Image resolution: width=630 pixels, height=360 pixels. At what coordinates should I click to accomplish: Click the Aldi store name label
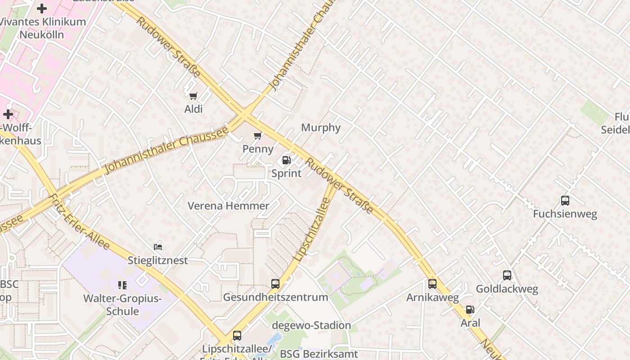[193, 109]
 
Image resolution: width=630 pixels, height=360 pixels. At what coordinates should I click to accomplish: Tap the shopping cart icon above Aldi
[193, 96]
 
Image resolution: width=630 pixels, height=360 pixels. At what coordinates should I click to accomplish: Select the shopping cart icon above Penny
[258, 135]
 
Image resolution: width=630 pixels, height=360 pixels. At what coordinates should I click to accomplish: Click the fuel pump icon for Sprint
[286, 160]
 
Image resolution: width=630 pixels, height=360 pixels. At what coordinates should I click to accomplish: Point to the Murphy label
[321, 127]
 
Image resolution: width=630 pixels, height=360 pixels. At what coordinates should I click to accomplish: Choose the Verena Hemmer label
[228, 206]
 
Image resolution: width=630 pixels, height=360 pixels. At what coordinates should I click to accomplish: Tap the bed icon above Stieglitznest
[158, 247]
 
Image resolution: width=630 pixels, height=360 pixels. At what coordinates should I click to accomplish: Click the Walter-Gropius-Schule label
[122, 305]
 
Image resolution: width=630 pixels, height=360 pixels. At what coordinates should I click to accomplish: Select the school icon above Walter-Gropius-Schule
[122, 285]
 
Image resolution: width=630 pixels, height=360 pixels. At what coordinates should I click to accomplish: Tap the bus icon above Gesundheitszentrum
[275, 284]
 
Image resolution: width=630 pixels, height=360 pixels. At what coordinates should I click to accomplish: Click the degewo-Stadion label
[311, 325]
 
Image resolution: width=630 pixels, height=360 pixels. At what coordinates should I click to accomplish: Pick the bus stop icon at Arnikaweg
[432, 284]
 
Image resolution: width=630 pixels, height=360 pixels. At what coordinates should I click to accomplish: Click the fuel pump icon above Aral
[470, 310]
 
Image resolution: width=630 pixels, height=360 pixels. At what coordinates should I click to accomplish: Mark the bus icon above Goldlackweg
[507, 275]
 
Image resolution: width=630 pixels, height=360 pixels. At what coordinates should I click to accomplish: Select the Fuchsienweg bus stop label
[565, 214]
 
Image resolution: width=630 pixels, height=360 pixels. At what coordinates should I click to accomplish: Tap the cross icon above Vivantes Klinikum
[42, 9]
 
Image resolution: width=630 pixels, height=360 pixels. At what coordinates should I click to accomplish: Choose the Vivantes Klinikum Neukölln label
[43, 28]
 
